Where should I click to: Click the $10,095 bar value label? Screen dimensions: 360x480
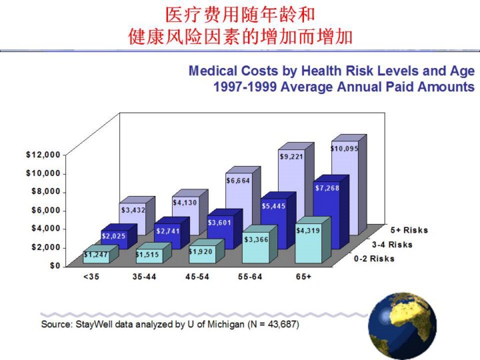(345, 149)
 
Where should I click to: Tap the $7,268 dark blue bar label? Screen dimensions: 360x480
(327, 188)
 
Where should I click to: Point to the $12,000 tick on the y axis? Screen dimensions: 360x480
(43, 155)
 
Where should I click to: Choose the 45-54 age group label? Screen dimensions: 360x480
(198, 276)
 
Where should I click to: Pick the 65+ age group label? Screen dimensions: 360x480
(304, 276)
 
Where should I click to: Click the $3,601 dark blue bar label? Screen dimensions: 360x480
(220, 222)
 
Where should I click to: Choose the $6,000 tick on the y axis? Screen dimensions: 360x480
(46, 210)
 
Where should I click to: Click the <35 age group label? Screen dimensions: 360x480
(90, 276)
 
